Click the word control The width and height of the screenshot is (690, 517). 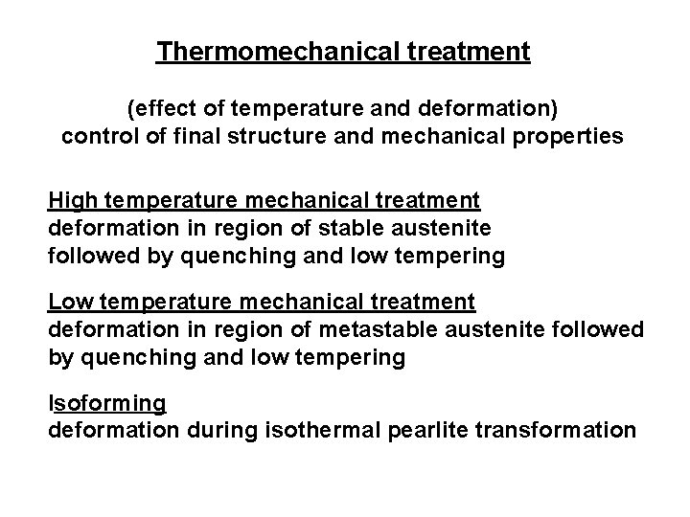(x=96, y=137)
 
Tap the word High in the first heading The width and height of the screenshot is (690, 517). (x=73, y=200)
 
